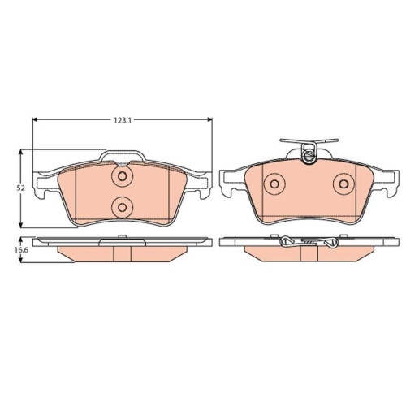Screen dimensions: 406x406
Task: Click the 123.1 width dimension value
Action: pyautogui.click(x=122, y=119)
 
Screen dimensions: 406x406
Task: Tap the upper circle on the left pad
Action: pyautogui.click(x=122, y=178)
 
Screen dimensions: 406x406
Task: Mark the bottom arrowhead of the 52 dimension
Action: pyautogui.click(x=22, y=222)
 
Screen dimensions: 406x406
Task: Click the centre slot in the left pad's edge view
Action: pyautogui.click(x=122, y=253)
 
